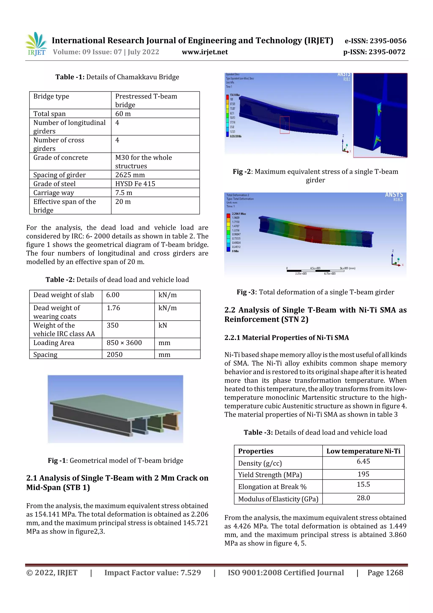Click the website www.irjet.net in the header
tap(205, 52)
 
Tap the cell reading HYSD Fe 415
tap(135, 184)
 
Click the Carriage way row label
tap(54, 193)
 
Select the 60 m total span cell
tap(123, 114)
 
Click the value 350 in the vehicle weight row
tap(113, 325)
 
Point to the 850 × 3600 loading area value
tap(124, 343)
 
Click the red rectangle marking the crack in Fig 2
tap(284, 125)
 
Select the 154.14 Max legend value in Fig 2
tap(235, 95)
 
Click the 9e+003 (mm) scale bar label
tap(347, 268)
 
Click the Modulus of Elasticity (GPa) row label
tap(278, 499)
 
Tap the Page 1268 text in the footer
tap(385, 572)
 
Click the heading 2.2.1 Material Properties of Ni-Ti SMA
tap(286, 338)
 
